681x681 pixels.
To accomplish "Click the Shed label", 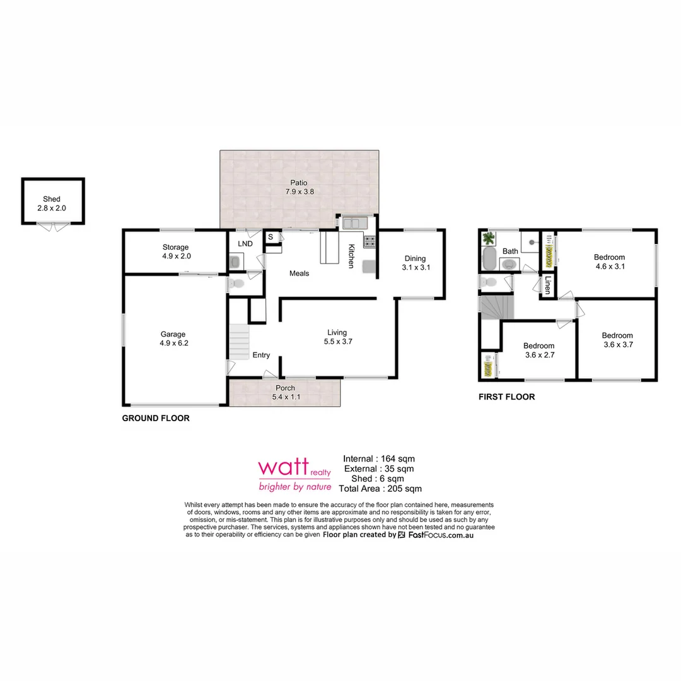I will (x=52, y=199).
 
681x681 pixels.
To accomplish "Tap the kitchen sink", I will (x=354, y=223).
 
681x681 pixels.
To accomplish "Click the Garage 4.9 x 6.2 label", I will (x=174, y=339).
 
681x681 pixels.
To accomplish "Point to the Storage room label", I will (x=175, y=252).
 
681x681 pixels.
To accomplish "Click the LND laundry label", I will (x=245, y=243).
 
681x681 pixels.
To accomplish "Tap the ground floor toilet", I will (x=236, y=284).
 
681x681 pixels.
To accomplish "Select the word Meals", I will (x=299, y=273).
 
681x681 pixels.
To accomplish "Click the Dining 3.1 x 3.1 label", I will (x=415, y=263).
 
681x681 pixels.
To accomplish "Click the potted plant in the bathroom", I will (x=489, y=239).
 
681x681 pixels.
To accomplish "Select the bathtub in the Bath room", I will (x=489, y=259).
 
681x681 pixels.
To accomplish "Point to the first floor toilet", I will (x=491, y=281).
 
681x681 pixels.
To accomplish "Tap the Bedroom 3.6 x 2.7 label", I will (x=538, y=350).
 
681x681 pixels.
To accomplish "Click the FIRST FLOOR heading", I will (x=506, y=397).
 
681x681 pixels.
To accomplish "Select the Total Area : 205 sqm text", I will (x=380, y=488).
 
